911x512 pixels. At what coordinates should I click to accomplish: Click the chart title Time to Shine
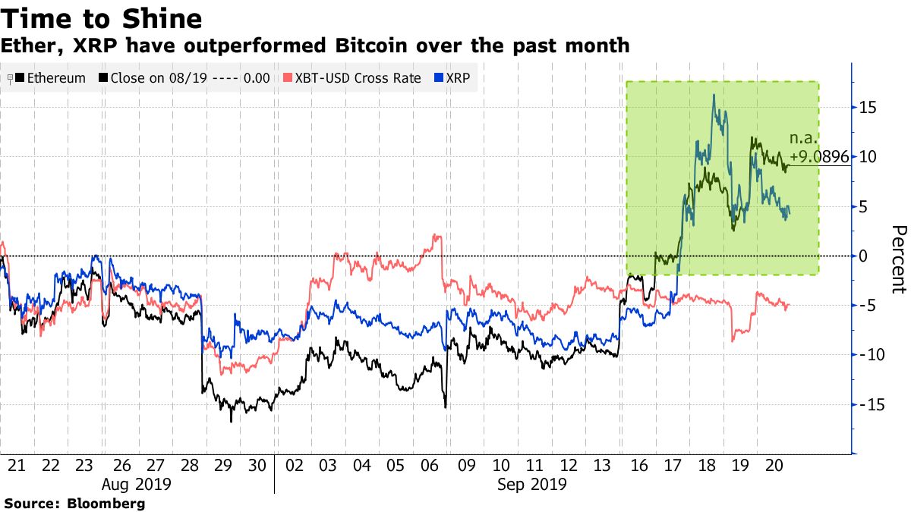point(102,17)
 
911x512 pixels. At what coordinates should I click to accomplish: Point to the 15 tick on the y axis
point(868,108)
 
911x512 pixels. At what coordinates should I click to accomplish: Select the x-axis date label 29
point(223,464)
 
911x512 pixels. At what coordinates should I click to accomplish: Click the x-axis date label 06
point(431,464)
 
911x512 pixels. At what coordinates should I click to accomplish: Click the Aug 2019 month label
point(137,483)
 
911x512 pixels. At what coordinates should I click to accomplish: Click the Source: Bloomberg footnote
point(74,503)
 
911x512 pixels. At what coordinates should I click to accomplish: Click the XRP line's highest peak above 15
point(714,95)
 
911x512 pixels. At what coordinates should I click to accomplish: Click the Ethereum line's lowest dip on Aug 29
point(232,421)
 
